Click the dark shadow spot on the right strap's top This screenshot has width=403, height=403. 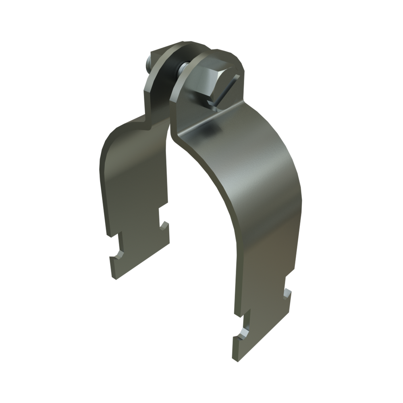coord(212,129)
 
